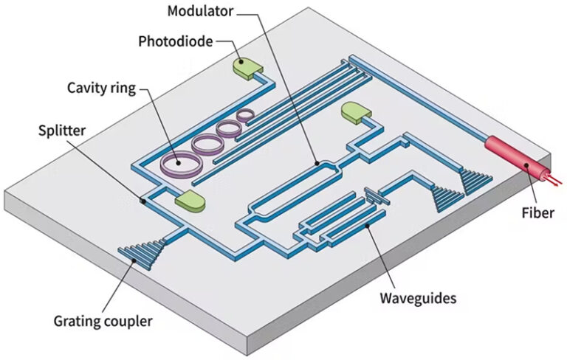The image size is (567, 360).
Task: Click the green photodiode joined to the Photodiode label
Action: pyautogui.click(x=247, y=68)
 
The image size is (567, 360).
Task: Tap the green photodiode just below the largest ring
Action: pyautogui.click(x=188, y=199)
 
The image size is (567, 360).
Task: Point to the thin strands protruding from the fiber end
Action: pyautogui.click(x=552, y=178)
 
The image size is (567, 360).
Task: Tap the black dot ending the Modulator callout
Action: pyautogui.click(x=315, y=162)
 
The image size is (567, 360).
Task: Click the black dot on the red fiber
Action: pyautogui.click(x=526, y=165)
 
